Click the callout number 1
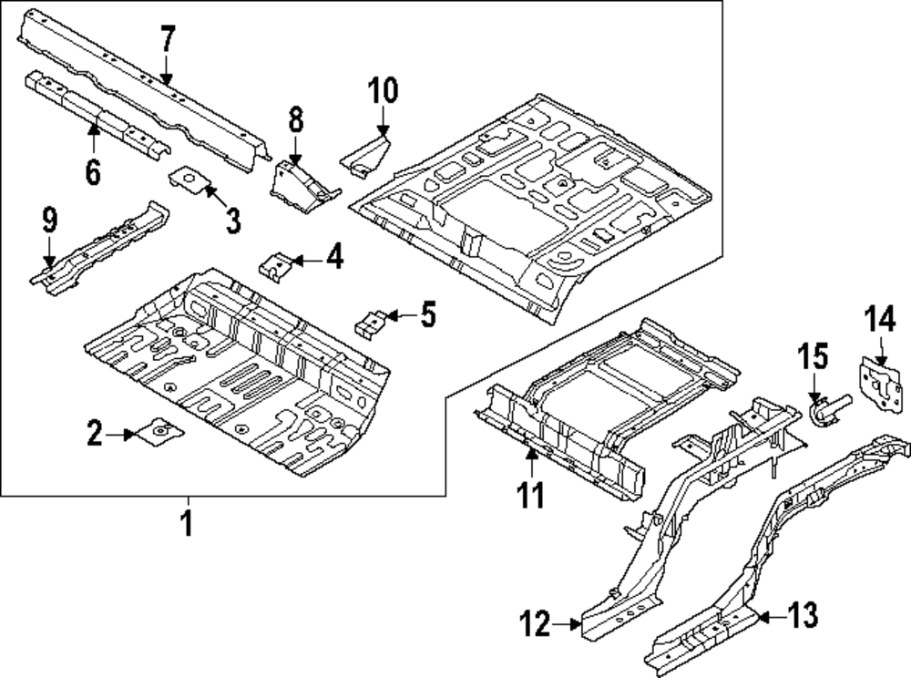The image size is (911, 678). pyautogui.click(x=187, y=526)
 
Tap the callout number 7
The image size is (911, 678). pyautogui.click(x=167, y=42)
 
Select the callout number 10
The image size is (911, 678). pyautogui.click(x=384, y=92)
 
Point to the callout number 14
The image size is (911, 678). pyautogui.click(x=881, y=321)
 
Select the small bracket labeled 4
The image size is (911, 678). pyautogui.click(x=275, y=265)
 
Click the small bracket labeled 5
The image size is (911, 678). pyautogui.click(x=371, y=321)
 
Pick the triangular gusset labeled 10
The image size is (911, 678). pyautogui.click(x=367, y=152)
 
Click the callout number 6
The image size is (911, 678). pyautogui.click(x=93, y=170)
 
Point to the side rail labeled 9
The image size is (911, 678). pyautogui.click(x=100, y=246)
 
